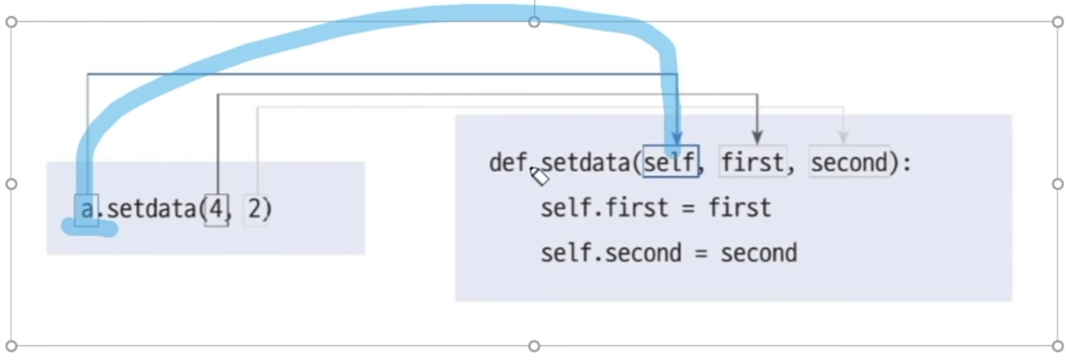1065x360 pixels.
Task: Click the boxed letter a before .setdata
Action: tap(87, 209)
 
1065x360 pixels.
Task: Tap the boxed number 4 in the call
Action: tap(216, 209)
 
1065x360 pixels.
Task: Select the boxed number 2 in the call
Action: tap(255, 209)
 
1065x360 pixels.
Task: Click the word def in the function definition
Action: tap(508, 163)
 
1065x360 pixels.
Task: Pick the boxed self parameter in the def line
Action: tap(670, 162)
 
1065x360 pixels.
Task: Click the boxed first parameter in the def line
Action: tap(752, 162)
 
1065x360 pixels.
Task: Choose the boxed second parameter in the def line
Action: tap(849, 162)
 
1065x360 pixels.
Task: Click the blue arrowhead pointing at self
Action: tap(677, 138)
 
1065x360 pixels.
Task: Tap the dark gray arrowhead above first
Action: tap(757, 137)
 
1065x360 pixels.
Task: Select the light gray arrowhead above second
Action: tap(843, 137)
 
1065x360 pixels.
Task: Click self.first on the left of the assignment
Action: tap(604, 208)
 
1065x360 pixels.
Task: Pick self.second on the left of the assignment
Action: tap(611, 253)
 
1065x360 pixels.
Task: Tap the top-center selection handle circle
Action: tap(534, 22)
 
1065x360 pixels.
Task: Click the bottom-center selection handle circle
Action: tap(534, 346)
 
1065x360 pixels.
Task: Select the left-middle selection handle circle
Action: tap(11, 184)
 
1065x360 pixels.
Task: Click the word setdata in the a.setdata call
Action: tap(151, 209)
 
